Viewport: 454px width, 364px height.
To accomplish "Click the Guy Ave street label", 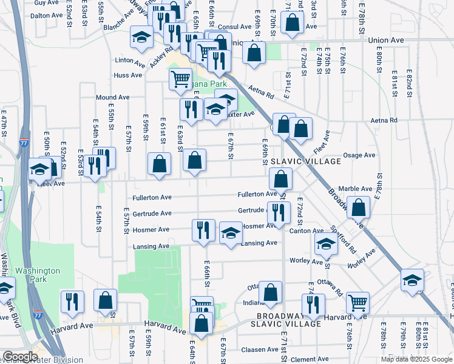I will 42,3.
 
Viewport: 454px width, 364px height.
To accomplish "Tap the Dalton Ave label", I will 47,16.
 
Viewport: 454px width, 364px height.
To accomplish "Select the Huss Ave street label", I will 127,76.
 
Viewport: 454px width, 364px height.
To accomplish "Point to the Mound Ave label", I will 112,97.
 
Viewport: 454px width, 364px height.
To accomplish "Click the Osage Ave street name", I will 359,155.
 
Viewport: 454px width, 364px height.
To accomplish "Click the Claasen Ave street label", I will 259,350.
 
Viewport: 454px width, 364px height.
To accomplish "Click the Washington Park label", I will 38,275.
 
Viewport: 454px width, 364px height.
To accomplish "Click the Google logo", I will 21,357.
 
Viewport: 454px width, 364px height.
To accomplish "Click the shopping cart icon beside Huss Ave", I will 180,79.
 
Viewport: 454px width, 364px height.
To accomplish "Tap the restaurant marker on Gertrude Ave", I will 278,212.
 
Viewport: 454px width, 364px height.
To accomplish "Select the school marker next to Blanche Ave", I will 141,38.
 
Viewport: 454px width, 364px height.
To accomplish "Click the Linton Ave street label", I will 129,62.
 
